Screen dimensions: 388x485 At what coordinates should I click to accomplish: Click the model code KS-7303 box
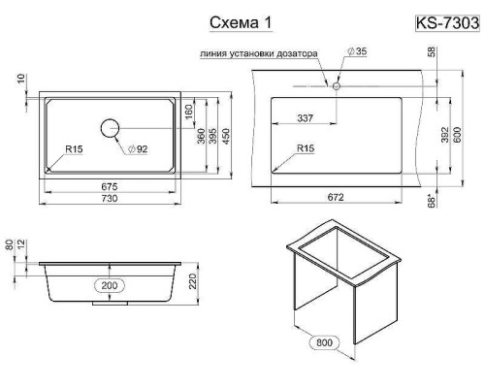coord(447,21)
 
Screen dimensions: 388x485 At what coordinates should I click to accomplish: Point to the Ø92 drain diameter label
coord(136,149)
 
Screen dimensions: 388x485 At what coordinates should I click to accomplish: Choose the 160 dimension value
coord(187,113)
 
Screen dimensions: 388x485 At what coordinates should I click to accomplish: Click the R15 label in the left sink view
coord(73,148)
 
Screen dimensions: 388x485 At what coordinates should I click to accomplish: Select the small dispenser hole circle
coord(335,85)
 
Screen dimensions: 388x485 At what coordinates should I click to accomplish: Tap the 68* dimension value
coord(432,202)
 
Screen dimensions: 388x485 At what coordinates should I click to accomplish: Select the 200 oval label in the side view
coord(110,286)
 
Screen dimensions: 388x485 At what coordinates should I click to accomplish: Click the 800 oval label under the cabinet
coord(324,342)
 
